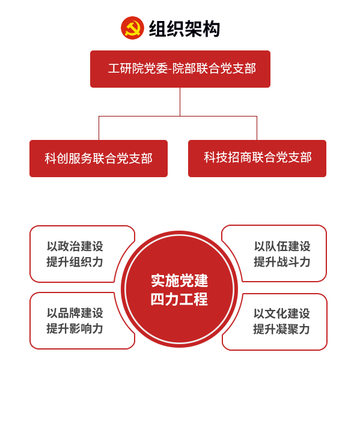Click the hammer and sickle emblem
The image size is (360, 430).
click(133, 28)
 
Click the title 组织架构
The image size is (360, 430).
click(185, 28)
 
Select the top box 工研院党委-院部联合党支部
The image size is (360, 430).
click(180, 69)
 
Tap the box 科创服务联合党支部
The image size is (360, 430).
click(99, 159)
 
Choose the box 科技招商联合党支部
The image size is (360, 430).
click(257, 159)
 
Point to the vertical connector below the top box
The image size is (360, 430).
click(180, 101)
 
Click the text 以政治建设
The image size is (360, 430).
click(75, 246)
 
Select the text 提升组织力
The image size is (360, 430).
click(75, 262)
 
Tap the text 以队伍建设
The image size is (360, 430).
click(282, 246)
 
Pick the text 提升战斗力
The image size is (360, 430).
click(282, 262)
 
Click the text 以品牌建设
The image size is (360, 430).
click(75, 313)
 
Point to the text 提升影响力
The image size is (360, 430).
click(75, 329)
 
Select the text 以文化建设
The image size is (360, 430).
click(282, 313)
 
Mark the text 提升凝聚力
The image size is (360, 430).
click(282, 329)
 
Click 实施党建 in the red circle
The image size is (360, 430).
click(180, 281)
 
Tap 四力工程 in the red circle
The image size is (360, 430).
click(180, 299)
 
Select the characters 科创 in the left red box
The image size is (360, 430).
click(56, 159)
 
